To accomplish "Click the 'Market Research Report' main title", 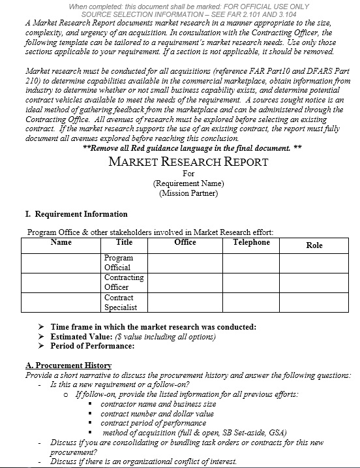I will click(x=188, y=161).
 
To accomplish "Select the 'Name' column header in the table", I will click(x=61, y=242).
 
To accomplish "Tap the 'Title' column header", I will click(x=124, y=242).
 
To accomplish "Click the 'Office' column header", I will click(x=185, y=242).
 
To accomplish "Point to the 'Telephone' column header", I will click(x=251, y=242).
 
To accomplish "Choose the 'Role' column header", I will click(x=314, y=245).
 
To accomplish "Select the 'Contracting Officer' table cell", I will click(x=124, y=282).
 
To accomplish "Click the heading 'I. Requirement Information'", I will click(x=72, y=214).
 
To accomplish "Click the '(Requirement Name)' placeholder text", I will click(x=188, y=183).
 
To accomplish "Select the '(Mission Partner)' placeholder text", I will click(x=188, y=193).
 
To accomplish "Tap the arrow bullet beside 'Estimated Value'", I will click(x=41, y=337).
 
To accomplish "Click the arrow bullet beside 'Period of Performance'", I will click(x=41, y=346).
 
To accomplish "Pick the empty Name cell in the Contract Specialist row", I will click(x=61, y=302).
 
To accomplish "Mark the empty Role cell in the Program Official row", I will click(x=314, y=262).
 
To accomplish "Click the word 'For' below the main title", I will click(x=188, y=174).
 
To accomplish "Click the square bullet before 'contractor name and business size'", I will click(x=91, y=404).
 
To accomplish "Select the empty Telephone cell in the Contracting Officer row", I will click(x=251, y=282).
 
